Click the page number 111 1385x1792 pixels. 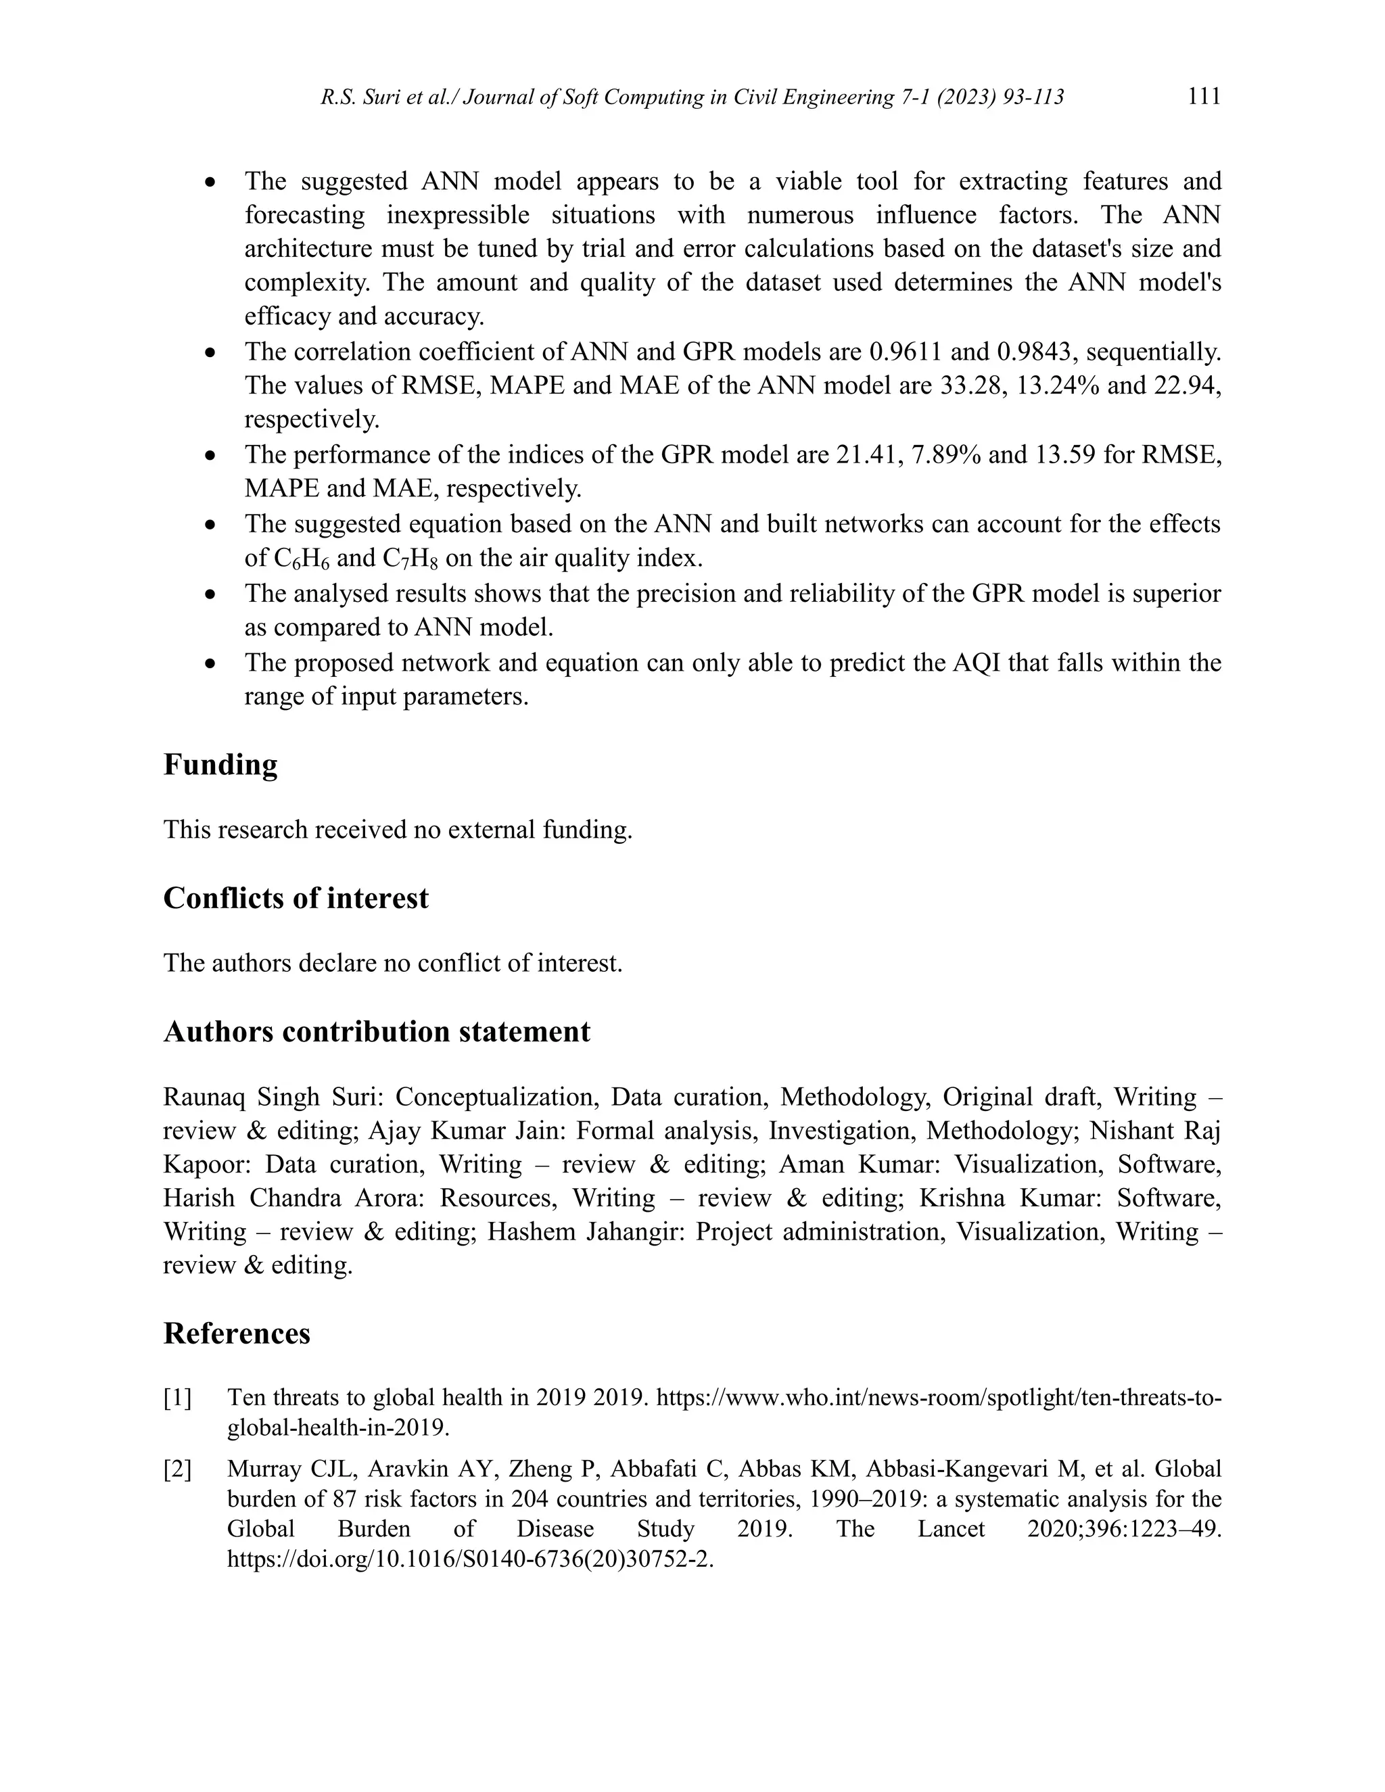click(x=1204, y=96)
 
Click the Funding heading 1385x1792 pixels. click(x=220, y=765)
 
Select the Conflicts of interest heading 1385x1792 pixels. click(x=296, y=899)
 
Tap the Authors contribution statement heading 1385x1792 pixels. click(x=377, y=1032)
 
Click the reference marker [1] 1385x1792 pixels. click(x=177, y=1397)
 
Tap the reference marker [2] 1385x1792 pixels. click(x=177, y=1469)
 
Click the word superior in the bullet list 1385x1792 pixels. click(x=1177, y=593)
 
